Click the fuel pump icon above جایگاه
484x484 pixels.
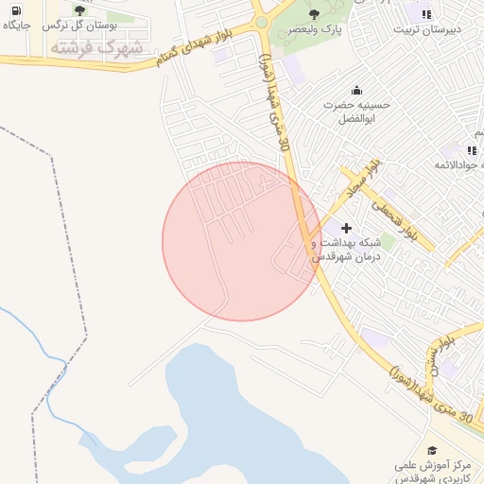pyautogui.click(x=15, y=10)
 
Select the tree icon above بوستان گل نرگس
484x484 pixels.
pyautogui.click(x=79, y=10)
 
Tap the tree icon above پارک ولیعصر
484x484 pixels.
pyautogui.click(x=315, y=14)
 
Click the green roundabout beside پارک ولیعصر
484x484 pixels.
pyautogui.click(x=261, y=22)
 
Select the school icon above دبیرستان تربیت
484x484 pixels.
pyautogui.click(x=426, y=14)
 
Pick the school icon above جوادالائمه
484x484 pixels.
pyautogui.click(x=471, y=150)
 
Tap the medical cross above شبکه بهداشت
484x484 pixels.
pyautogui.click(x=346, y=228)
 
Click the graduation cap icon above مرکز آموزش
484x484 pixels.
pyautogui.click(x=432, y=451)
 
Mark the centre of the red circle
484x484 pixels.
pyautogui.click(x=241, y=241)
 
